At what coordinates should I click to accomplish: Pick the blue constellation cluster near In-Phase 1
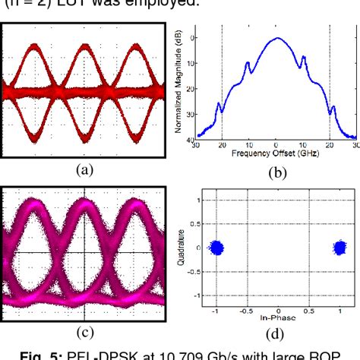[x=340, y=247]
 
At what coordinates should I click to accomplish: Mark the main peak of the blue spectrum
[x=276, y=38]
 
